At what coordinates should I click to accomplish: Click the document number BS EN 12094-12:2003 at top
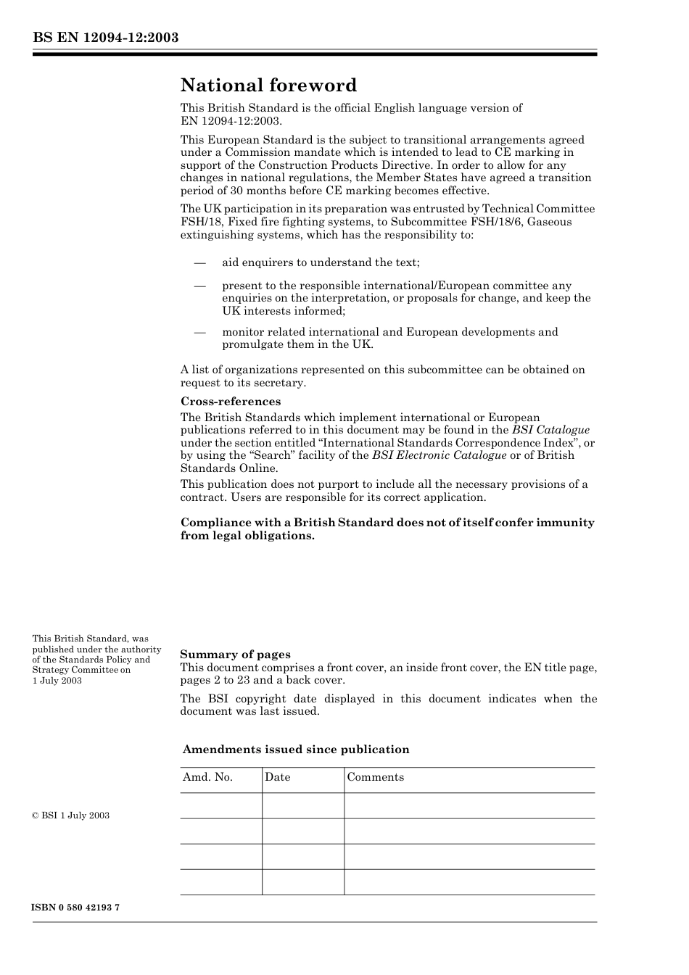[x=105, y=38]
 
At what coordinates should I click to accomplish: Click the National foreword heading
[x=268, y=86]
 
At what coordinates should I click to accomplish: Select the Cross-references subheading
[x=230, y=402]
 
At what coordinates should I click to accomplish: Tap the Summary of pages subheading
[x=235, y=655]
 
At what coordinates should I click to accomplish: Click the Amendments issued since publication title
[x=296, y=750]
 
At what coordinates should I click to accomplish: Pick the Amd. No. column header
[x=207, y=777]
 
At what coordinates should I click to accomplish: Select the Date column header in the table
[x=277, y=777]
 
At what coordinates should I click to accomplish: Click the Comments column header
[x=375, y=777]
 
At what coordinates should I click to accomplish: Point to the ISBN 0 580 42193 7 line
[x=75, y=908]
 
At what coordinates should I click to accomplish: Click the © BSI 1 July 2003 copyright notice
[x=70, y=816]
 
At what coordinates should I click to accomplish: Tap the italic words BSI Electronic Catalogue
[x=439, y=455]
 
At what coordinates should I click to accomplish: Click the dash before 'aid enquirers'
[x=199, y=262]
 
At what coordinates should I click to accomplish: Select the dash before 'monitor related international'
[x=199, y=332]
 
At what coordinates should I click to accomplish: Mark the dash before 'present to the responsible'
[x=199, y=286]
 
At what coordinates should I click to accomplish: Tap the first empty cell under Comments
[x=469, y=805]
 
